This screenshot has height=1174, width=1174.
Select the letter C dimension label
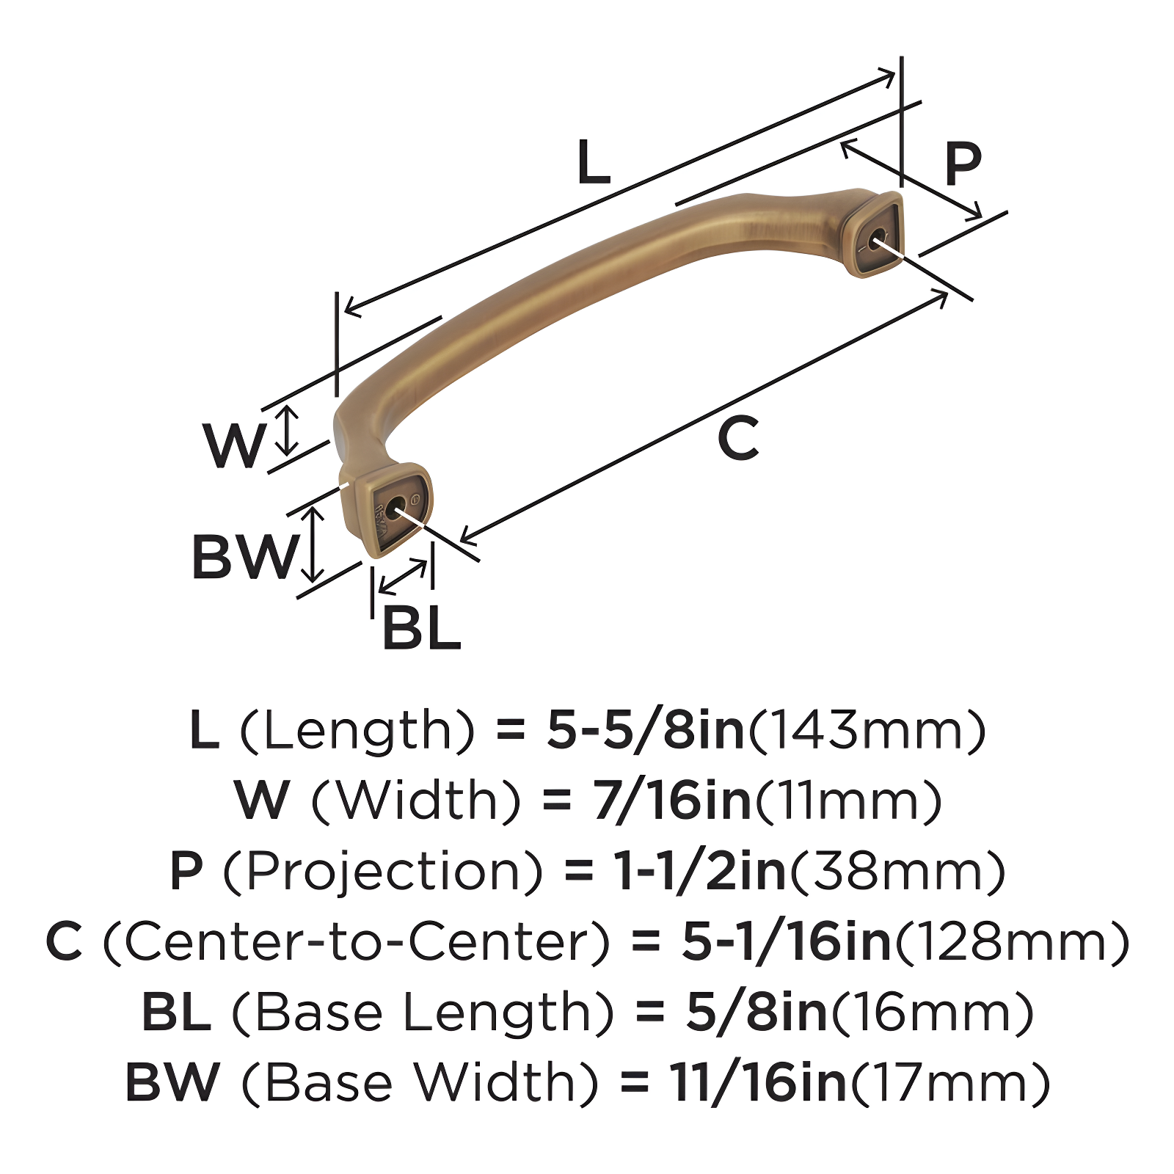pyautogui.click(x=737, y=438)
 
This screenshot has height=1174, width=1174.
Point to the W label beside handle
pyautogui.click(x=234, y=445)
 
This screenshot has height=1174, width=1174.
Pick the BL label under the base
pyautogui.click(x=421, y=629)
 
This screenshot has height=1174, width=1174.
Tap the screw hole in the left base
pyautogui.click(x=395, y=508)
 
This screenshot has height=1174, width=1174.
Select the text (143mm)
pyautogui.click(x=867, y=730)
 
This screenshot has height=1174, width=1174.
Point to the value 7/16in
pyautogui.click(x=672, y=801)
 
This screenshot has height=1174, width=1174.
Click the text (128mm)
pyautogui.click(x=1012, y=941)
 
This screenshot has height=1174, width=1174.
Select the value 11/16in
pyautogui.click(x=758, y=1082)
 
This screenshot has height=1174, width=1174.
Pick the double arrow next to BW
pyautogui.click(x=313, y=544)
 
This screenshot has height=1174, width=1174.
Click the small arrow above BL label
pyautogui.click(x=403, y=577)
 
